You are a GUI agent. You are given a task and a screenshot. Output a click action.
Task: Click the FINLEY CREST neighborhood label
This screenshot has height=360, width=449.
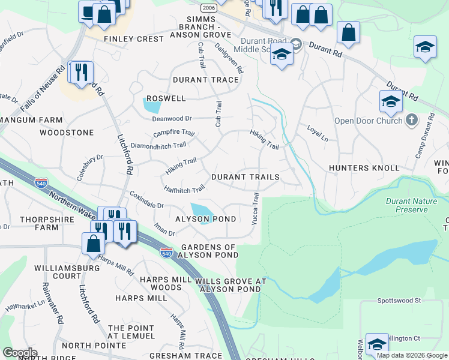(133, 39)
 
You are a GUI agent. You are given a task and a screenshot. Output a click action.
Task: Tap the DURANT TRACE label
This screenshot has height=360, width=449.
(206, 80)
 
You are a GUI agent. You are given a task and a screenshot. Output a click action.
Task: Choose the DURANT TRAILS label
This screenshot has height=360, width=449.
(245, 178)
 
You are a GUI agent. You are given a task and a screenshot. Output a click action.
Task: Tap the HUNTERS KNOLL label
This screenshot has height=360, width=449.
(364, 169)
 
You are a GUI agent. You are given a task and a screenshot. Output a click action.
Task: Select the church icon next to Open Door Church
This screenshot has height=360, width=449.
(411, 121)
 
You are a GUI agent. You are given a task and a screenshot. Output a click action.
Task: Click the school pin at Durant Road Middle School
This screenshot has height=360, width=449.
(281, 56)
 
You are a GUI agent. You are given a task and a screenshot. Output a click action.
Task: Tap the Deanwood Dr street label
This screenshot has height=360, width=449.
(171, 119)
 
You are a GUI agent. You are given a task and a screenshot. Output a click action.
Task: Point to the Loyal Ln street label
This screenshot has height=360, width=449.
(318, 133)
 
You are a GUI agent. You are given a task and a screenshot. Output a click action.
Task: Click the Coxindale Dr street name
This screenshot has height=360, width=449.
(147, 200)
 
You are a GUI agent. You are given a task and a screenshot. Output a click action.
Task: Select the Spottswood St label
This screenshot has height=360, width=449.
(400, 300)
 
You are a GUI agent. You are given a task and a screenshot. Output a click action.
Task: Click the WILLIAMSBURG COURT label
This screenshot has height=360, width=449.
(58, 272)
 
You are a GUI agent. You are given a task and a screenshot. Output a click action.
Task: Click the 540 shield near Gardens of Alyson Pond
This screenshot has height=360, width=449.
(167, 253)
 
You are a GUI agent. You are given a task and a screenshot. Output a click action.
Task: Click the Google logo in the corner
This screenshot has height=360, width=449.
(20, 352)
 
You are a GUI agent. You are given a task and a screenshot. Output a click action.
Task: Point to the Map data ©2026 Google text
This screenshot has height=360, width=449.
(412, 355)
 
